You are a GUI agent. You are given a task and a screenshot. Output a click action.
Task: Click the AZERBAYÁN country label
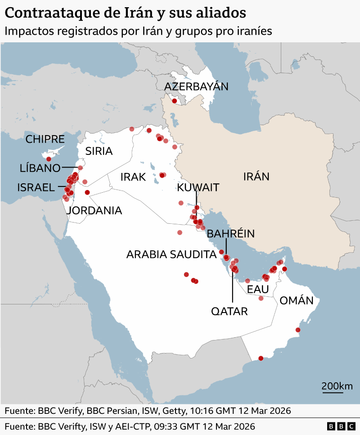pos(196,86)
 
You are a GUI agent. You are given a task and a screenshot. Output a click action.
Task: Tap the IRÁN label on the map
pos(256,177)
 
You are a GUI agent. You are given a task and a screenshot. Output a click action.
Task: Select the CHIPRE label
pos(45,139)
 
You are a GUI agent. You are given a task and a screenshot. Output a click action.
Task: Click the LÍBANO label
pos(40,168)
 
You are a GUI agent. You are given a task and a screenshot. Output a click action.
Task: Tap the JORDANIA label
pos(94,210)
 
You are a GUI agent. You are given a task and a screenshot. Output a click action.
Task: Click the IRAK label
pos(133,177)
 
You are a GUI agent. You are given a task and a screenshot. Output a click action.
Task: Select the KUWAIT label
pos(198,187)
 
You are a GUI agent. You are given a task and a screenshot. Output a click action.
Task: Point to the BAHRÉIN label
pos(231,233)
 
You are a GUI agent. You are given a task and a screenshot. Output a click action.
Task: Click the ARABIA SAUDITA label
pos(171,254)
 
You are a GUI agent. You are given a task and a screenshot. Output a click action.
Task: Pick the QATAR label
pos(229,311)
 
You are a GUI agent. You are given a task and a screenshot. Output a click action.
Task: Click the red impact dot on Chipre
pos(49,159)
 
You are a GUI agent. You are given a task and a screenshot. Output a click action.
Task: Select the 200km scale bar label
pos(337,386)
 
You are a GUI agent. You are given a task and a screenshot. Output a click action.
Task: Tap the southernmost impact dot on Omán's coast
pos(261,358)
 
